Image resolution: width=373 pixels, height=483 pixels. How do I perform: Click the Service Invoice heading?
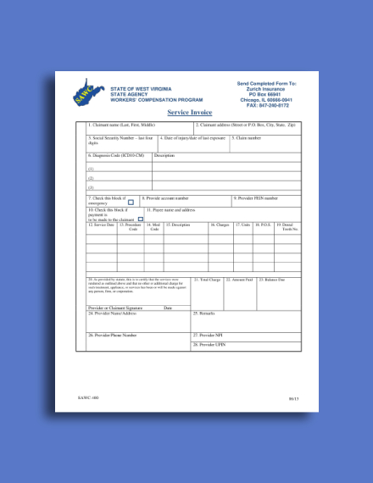point(189,112)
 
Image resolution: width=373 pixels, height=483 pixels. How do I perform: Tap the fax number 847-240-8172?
point(266,104)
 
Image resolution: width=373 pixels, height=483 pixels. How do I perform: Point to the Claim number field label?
point(248,137)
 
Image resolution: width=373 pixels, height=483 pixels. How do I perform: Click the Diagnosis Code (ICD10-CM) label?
point(116,155)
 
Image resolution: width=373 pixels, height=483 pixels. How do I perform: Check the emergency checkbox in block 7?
point(131,202)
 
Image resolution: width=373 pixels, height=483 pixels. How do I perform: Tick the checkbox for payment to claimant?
point(141,218)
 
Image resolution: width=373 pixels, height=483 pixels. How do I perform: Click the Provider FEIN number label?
point(257,198)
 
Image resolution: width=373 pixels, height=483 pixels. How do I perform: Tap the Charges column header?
point(220,225)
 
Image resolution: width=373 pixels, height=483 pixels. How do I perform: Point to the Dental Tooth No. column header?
point(289,227)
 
